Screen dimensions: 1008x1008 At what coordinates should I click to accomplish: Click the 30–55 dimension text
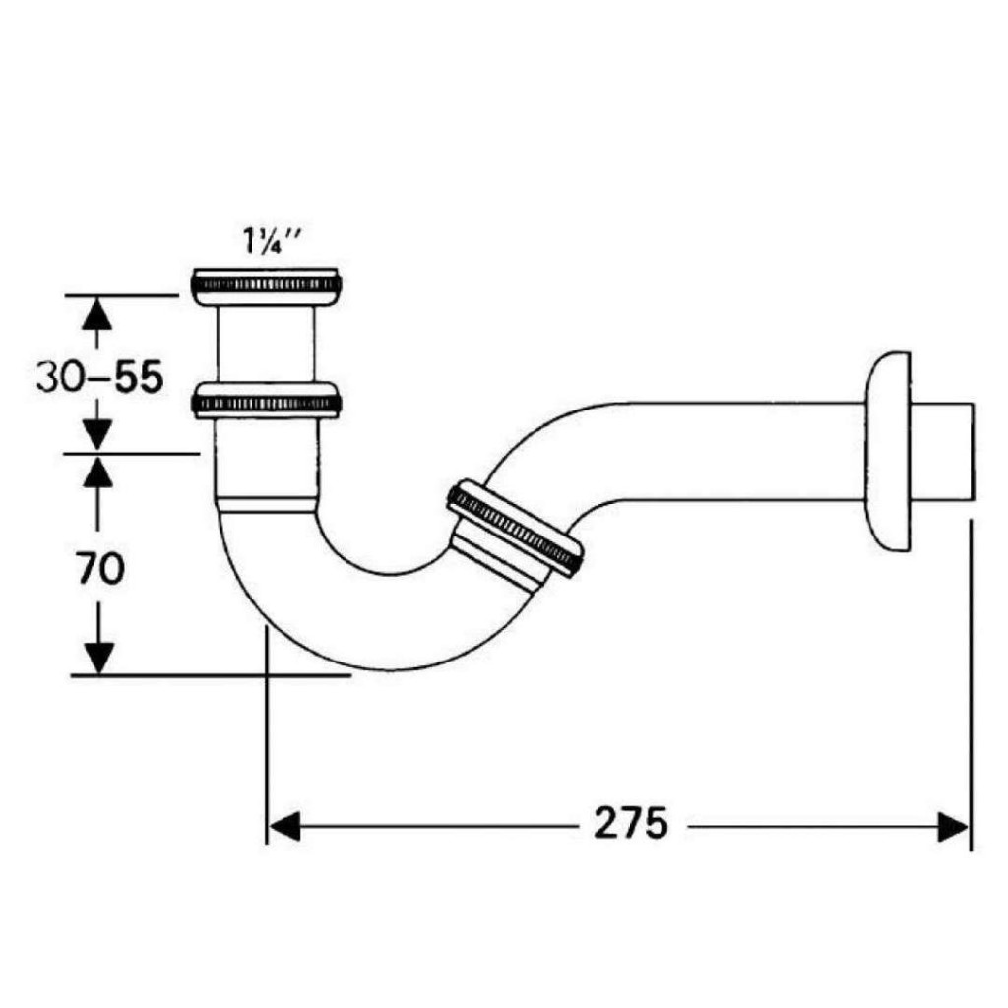pyautogui.click(x=97, y=377)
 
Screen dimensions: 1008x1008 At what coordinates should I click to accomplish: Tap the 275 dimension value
pyautogui.click(x=630, y=822)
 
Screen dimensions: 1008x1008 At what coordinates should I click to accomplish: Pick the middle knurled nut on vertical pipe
pyautogui.click(x=268, y=402)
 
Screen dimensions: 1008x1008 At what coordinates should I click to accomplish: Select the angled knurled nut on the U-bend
pyautogui.click(x=515, y=528)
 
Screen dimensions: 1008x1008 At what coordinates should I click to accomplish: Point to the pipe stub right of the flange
pyautogui.click(x=945, y=450)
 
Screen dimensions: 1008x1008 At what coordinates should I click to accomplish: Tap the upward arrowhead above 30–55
pyautogui.click(x=96, y=313)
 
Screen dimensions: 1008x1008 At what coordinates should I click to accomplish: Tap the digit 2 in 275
pyautogui.click(x=606, y=822)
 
